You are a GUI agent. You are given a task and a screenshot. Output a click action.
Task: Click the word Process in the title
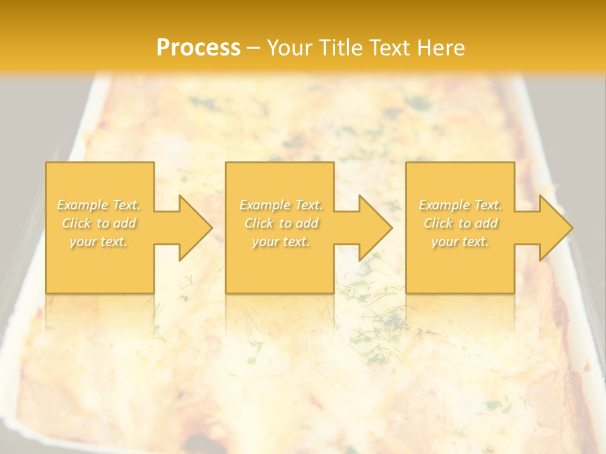[x=198, y=48]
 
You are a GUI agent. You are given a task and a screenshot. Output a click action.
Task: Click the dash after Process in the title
[x=254, y=49]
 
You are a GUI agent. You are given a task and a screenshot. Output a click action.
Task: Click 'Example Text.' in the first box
[x=99, y=205]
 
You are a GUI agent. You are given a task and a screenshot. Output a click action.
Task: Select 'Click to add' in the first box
[x=99, y=223]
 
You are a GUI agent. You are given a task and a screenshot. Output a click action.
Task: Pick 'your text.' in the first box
[x=99, y=242]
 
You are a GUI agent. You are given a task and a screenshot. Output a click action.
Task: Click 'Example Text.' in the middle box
[x=281, y=205]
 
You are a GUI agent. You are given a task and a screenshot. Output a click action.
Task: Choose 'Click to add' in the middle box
[x=281, y=223]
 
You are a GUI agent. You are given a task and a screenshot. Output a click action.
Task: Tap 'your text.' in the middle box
[x=281, y=242]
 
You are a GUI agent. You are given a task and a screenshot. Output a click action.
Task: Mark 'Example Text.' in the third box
[x=460, y=205]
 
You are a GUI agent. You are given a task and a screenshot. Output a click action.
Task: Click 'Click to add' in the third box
[x=460, y=223]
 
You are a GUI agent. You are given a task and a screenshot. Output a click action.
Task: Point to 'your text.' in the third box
[x=460, y=242]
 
